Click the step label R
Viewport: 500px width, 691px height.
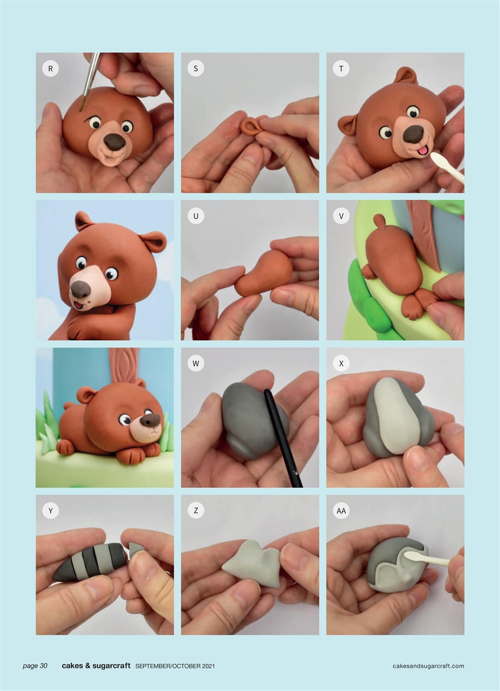pos(50,69)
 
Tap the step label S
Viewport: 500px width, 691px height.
pos(196,69)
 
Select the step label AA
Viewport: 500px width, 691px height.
pos(341,511)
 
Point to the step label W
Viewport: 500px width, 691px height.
pos(196,363)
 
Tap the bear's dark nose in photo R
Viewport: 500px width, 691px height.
pos(114,141)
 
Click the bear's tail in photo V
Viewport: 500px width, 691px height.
pos(379,221)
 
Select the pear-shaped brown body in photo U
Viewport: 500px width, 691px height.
pos(264,274)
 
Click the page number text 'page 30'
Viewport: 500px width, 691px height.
pos(35,666)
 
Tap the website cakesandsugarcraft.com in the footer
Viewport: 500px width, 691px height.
pos(428,666)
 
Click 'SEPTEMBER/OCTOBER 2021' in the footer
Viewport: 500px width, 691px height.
pos(175,666)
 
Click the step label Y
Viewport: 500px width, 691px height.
pos(50,511)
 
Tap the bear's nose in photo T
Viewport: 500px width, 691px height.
pos(413,133)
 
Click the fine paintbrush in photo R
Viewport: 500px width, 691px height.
pos(91,78)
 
